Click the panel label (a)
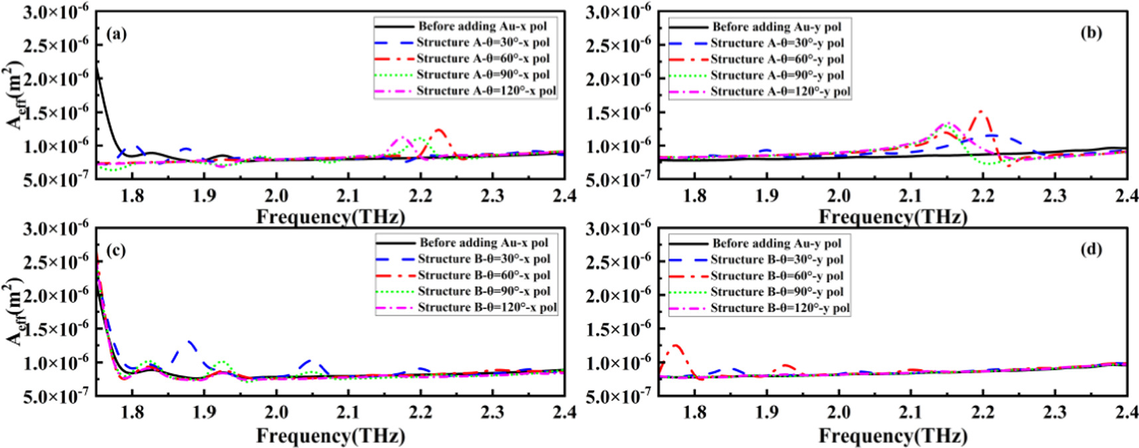coord(116,34)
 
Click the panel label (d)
coord(1091,249)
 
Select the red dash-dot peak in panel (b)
coord(981,112)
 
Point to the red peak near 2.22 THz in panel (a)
coord(439,130)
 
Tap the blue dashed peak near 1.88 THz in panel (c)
coord(191,342)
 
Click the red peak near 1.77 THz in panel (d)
coord(676,346)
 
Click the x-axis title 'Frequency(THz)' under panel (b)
coord(892,217)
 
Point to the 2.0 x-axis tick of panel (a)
coord(276,195)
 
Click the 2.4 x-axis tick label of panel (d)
coord(1126,412)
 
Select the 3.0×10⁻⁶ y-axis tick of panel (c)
coord(56,229)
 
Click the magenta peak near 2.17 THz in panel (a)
coord(401,138)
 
